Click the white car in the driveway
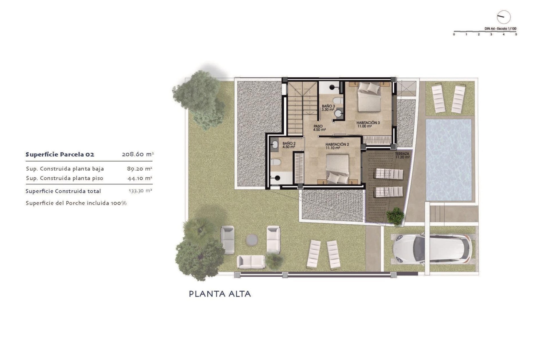click(x=432, y=249)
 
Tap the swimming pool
click(x=448, y=160)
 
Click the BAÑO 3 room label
click(x=328, y=108)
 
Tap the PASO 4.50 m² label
click(x=319, y=128)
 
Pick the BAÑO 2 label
click(x=289, y=145)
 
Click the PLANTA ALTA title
click(x=220, y=294)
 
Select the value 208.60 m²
click(x=138, y=154)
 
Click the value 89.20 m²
click(x=139, y=169)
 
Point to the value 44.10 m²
click(x=140, y=178)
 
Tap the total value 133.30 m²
click(x=140, y=191)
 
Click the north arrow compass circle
click(x=503, y=17)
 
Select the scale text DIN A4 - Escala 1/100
click(x=500, y=29)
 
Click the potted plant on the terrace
click(x=395, y=216)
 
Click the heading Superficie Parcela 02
click(x=60, y=154)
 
